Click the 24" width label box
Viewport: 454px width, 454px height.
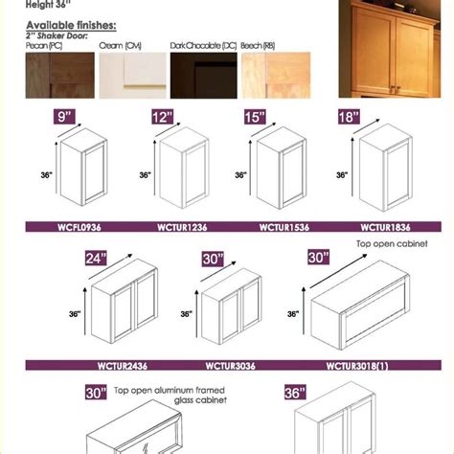[x=68, y=257]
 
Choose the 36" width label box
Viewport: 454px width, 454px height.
[x=293, y=393]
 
